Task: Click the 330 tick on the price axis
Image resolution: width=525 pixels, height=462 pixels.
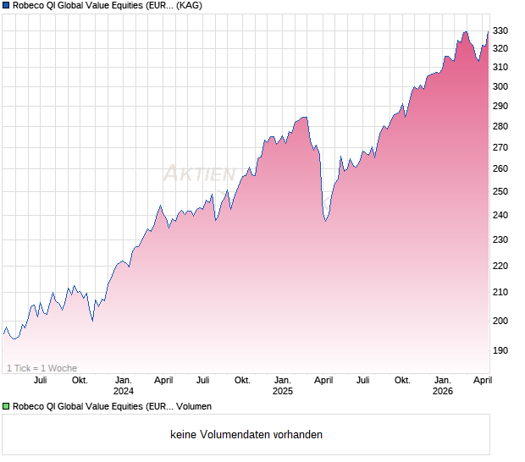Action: coord(501,30)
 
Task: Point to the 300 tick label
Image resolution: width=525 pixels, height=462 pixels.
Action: coord(501,86)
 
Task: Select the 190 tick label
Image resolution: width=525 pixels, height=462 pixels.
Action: coord(501,350)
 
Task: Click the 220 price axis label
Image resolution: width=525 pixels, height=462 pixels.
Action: coord(501,266)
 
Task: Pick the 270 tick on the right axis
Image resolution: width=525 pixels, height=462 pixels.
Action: coord(501,147)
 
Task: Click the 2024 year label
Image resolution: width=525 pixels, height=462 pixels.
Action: coord(124,392)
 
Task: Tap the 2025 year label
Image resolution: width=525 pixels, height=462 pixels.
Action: coord(283,392)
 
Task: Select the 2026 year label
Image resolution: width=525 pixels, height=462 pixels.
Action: coord(443,392)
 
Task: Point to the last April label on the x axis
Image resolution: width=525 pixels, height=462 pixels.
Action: coord(482,380)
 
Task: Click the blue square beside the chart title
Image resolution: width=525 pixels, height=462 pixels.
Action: coord(6,5)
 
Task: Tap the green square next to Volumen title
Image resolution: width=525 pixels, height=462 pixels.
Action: coord(6,407)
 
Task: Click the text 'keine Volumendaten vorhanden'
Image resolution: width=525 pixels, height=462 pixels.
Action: coord(246,435)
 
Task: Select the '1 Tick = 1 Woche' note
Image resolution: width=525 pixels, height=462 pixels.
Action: coord(41,368)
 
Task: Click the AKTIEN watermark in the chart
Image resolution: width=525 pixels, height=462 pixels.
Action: coord(199,174)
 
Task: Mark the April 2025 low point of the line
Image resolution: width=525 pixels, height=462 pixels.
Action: coord(326,222)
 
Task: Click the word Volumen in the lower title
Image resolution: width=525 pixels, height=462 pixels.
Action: coord(194,407)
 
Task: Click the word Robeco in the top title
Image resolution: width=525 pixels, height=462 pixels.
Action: coord(30,5)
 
